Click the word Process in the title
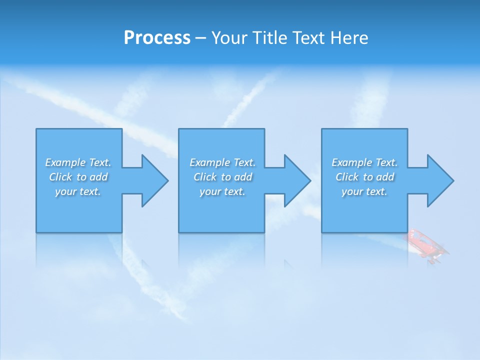157,38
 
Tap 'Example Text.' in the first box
78,162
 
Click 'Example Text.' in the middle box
222,162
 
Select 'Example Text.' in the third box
364,162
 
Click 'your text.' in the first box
78,191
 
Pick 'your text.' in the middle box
222,191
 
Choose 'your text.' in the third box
364,191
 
